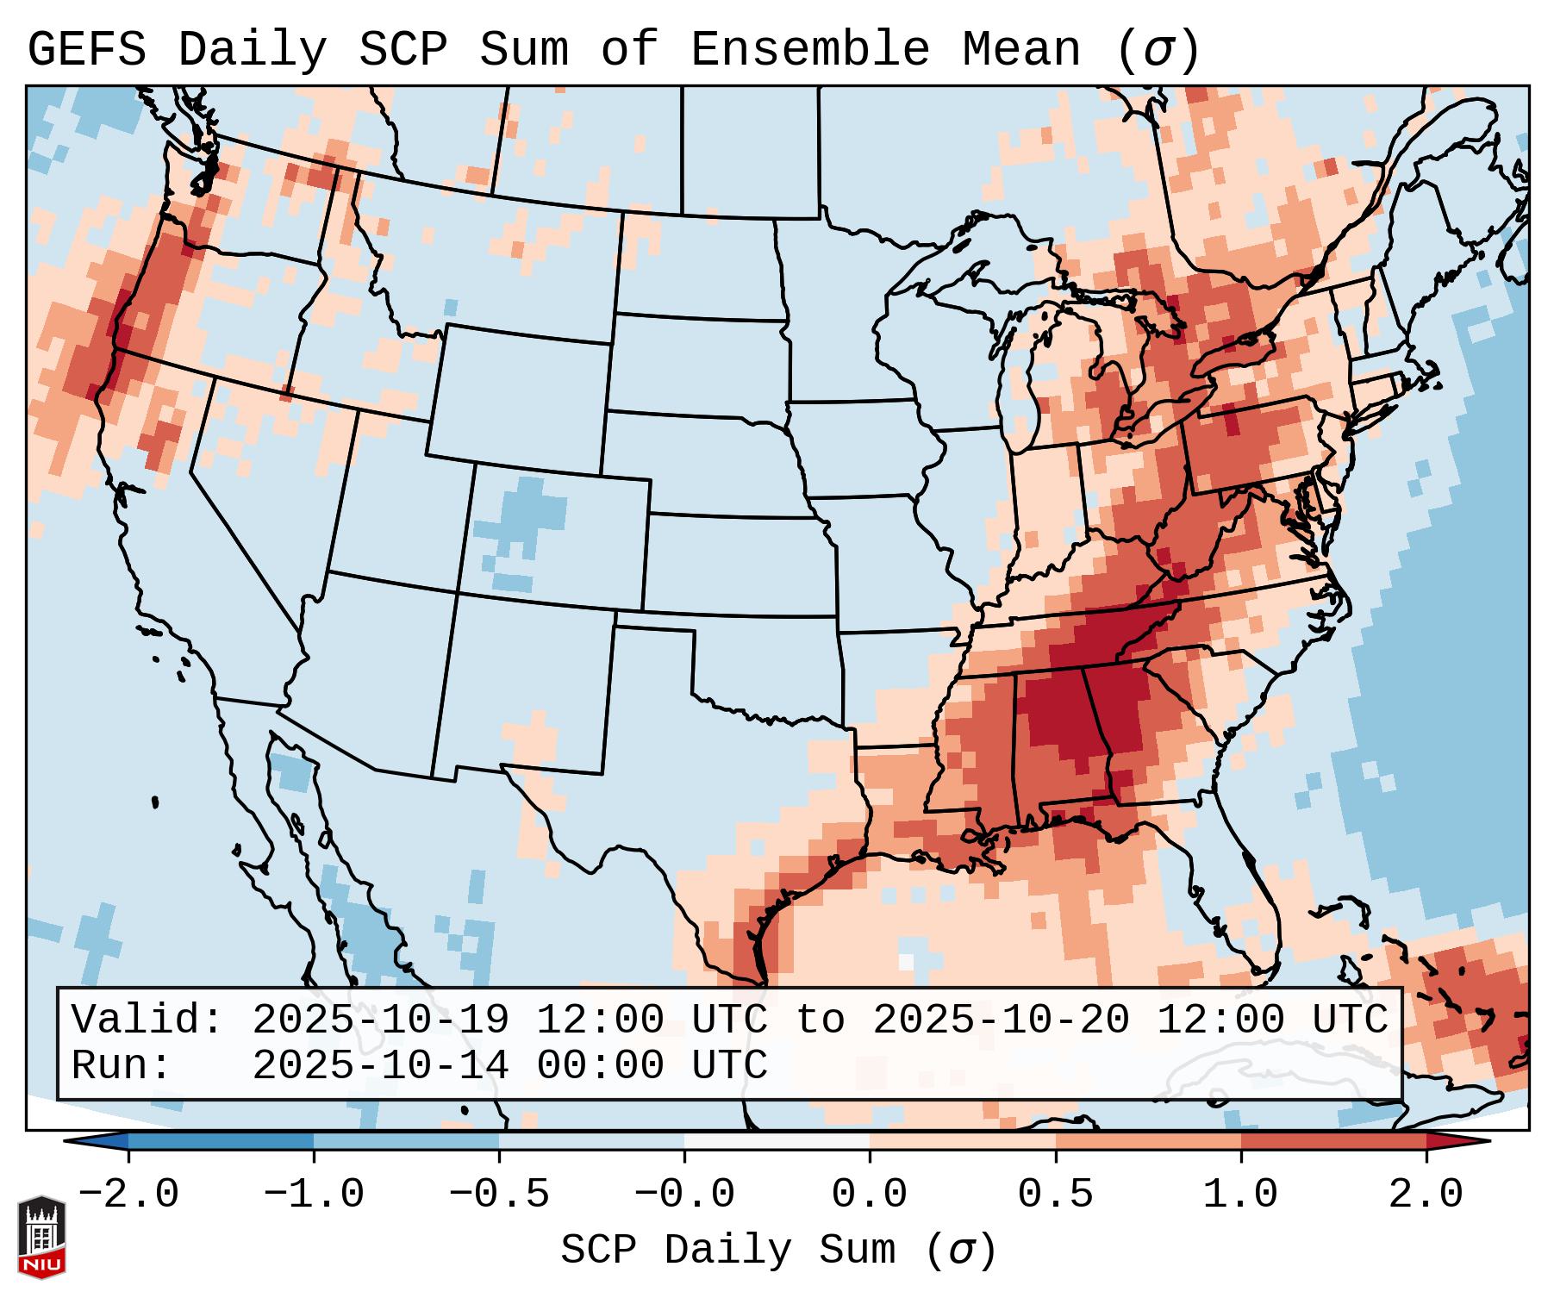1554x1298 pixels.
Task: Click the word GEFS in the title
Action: [86, 49]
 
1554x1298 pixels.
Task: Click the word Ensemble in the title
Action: [809, 49]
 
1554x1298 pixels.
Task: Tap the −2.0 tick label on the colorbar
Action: [128, 1195]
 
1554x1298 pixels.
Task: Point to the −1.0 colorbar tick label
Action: [313, 1195]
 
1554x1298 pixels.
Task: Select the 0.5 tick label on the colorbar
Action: [1055, 1195]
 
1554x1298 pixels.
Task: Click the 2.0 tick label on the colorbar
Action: [1426, 1195]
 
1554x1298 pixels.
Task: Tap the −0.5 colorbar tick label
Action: [499, 1195]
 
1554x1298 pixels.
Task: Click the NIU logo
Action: [41, 1237]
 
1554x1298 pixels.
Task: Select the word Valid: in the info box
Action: [147, 1020]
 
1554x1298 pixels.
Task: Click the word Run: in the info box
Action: [121, 1065]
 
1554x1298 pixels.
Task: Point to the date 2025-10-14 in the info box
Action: [380, 1065]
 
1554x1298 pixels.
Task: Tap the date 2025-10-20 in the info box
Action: [1001, 1020]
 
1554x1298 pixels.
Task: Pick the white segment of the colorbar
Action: [777, 1140]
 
